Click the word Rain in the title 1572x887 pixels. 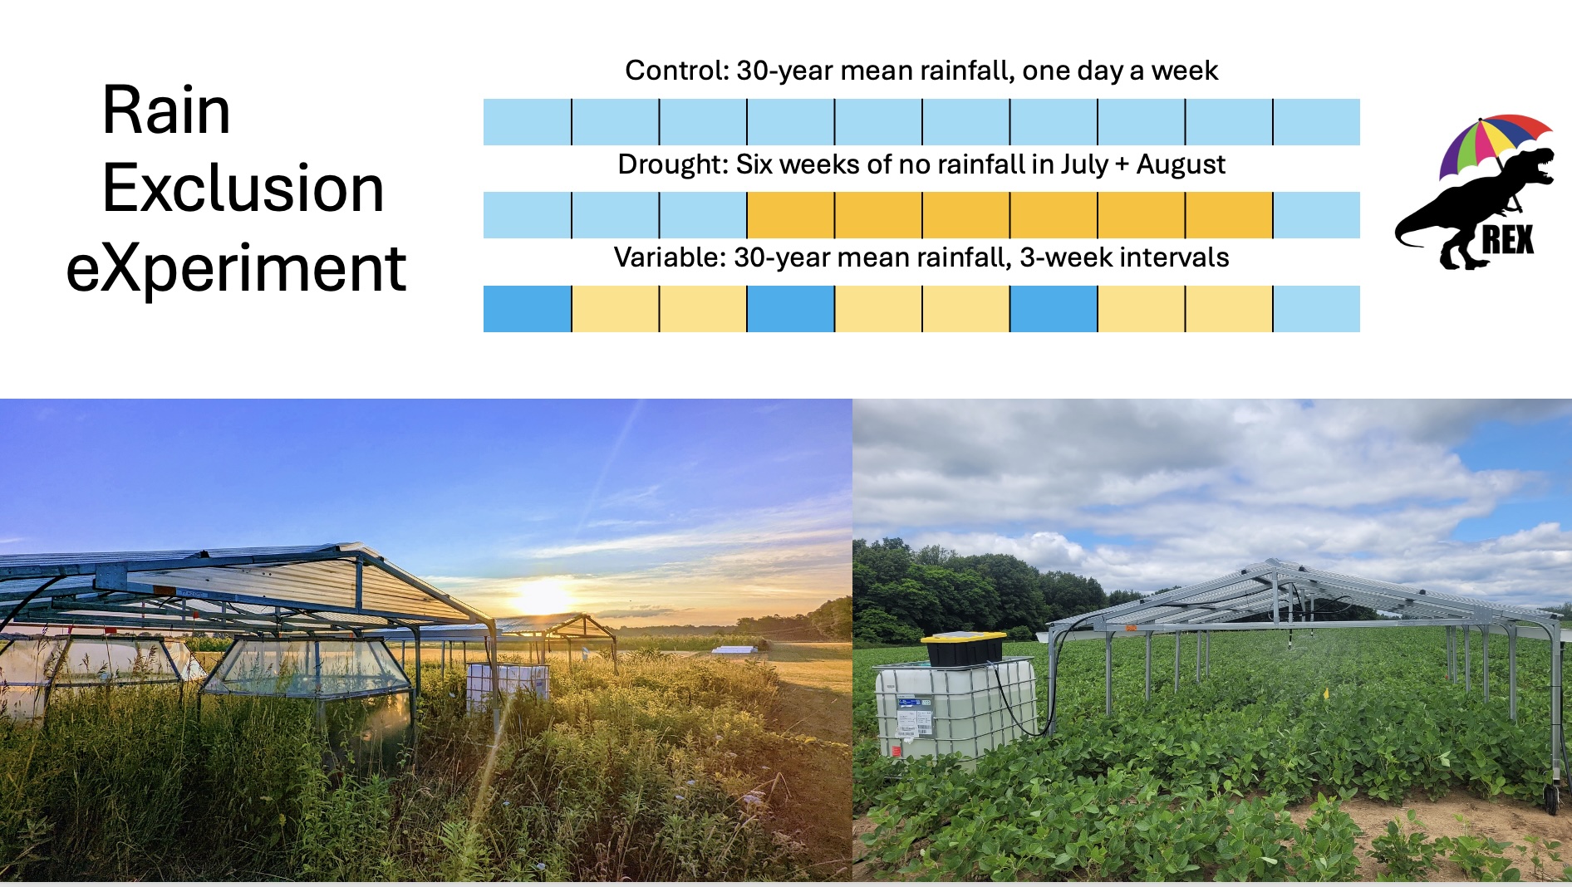[x=166, y=110]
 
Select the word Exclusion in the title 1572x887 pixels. [x=243, y=188]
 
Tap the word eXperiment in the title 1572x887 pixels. [x=236, y=269]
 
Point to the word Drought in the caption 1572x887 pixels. [x=672, y=164]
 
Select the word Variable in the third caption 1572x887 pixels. [x=670, y=257]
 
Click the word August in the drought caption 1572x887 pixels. [x=1181, y=165]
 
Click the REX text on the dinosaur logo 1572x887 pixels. [x=1507, y=240]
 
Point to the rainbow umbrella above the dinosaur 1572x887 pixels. [x=1493, y=143]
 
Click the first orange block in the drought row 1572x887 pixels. [x=790, y=215]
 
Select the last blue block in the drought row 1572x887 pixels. [x=1317, y=215]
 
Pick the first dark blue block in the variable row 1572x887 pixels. [x=527, y=309]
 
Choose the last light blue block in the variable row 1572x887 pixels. [x=1317, y=309]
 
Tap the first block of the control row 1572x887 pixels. [x=527, y=122]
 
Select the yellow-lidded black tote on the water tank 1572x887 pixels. [x=965, y=648]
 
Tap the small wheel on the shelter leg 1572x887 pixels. [x=1551, y=799]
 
